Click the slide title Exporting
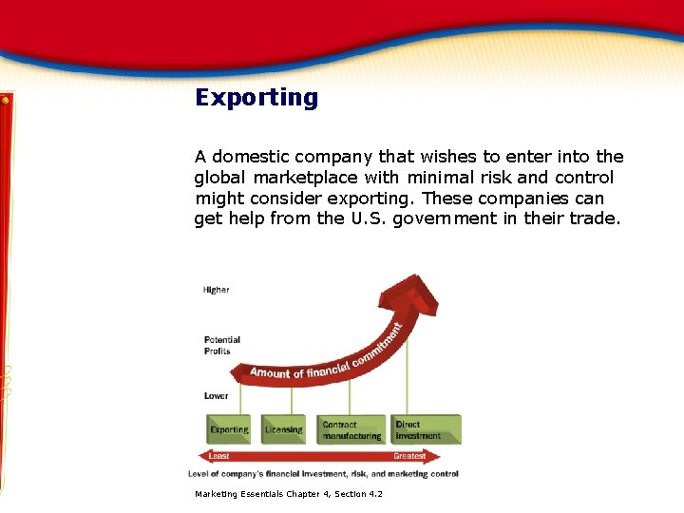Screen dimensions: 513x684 [256, 98]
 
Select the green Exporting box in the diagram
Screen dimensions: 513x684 [229, 430]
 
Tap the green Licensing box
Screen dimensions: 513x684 [283, 430]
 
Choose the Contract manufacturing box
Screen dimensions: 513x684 [351, 430]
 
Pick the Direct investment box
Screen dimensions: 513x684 [425, 430]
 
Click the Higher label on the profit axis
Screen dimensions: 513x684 [216, 290]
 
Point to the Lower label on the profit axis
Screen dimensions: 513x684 [216, 396]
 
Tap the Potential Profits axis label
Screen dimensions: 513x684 [222, 346]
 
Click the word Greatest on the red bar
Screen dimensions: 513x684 [409, 456]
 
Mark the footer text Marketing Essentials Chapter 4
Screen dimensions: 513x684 [289, 494]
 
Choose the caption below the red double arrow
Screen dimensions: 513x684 [323, 473]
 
